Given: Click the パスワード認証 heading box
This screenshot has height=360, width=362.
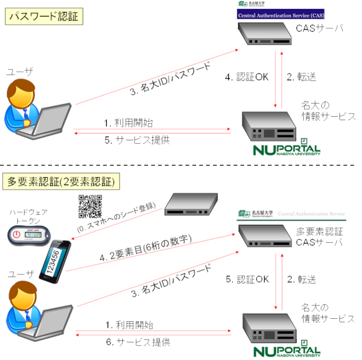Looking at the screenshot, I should pyautogui.click(x=43, y=17).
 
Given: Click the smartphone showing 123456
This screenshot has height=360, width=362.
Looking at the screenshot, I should pyautogui.click(x=54, y=259).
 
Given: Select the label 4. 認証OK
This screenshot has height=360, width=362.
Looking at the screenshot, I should pyautogui.click(x=246, y=77).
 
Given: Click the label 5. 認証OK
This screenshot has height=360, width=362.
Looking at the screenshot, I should pyautogui.click(x=246, y=278).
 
